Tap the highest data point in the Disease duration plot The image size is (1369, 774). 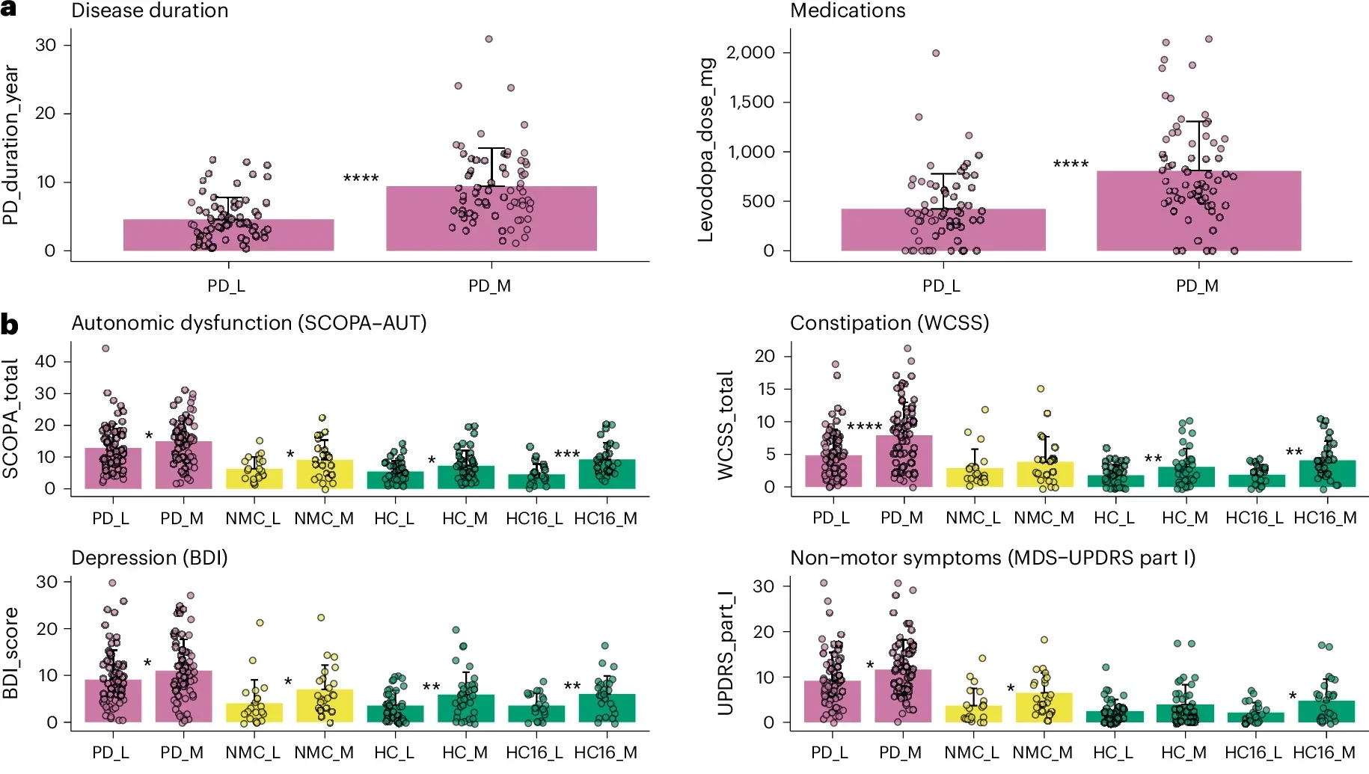click(489, 39)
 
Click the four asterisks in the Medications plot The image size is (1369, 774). click(1071, 164)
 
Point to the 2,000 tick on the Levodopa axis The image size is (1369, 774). click(750, 52)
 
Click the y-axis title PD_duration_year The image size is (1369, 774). click(10, 144)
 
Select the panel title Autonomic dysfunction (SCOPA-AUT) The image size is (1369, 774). click(248, 323)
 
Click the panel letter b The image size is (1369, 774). click(10, 325)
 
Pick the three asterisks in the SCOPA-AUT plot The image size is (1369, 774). click(567, 454)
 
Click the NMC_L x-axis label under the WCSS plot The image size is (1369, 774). click(973, 517)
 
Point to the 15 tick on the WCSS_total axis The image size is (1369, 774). click(765, 389)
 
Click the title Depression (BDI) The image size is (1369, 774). click(149, 558)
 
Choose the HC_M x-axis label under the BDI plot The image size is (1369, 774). click(465, 752)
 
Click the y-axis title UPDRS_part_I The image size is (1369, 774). click(725, 653)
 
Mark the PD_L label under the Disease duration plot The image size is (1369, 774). click(226, 286)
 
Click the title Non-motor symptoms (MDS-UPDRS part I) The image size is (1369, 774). click(992, 558)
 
